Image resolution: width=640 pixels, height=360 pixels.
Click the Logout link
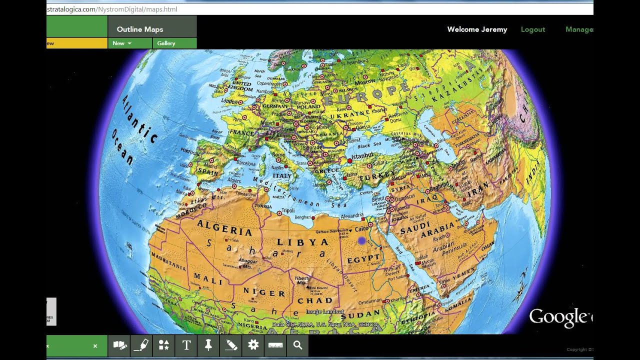pyautogui.click(x=532, y=29)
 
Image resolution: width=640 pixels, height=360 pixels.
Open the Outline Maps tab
pyautogui.click(x=140, y=29)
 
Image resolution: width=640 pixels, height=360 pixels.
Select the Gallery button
pyautogui.click(x=166, y=43)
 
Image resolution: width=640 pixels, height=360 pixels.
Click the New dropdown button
pyautogui.click(x=121, y=43)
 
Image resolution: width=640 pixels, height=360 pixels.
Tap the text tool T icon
pyautogui.click(x=186, y=345)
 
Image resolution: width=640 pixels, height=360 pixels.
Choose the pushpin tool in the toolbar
pyautogui.click(x=208, y=345)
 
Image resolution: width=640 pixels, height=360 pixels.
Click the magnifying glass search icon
pyautogui.click(x=297, y=345)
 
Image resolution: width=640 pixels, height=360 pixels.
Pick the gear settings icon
pyautogui.click(x=253, y=345)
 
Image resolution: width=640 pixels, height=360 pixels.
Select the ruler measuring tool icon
pyautogui.click(x=275, y=345)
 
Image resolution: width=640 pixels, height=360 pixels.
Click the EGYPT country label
pyautogui.click(x=363, y=258)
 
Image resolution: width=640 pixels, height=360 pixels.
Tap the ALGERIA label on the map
pyautogui.click(x=224, y=228)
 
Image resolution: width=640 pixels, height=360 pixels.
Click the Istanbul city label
pyautogui.click(x=363, y=156)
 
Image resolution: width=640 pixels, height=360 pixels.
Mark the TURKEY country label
pyautogui.click(x=373, y=177)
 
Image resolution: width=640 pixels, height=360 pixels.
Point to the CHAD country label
pyautogui.click(x=315, y=300)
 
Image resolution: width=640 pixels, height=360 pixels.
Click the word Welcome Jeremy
pyautogui.click(x=477, y=29)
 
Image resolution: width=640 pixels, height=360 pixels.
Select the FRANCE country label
pyautogui.click(x=242, y=133)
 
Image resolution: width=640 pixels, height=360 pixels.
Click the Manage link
pyautogui.click(x=579, y=29)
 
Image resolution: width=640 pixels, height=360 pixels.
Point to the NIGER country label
pyautogui.click(x=264, y=292)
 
